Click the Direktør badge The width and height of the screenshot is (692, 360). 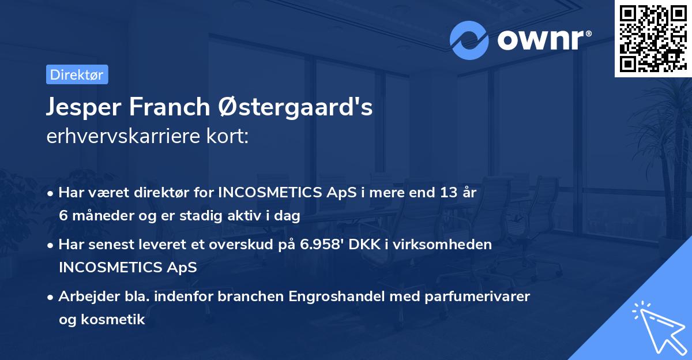[x=77, y=74]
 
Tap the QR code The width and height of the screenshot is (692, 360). [x=653, y=38]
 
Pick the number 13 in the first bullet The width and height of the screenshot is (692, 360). [x=442, y=193]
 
